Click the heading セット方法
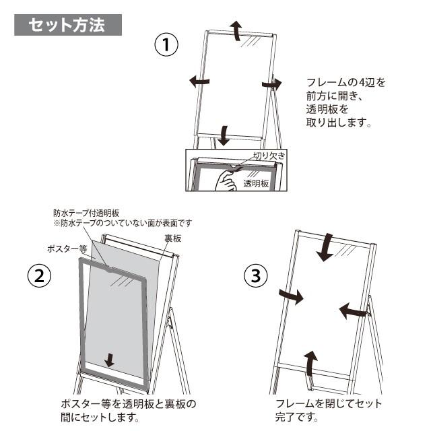tap(67, 25)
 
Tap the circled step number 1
tap(166, 46)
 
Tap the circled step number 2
tap(39, 275)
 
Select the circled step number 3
tap(255, 275)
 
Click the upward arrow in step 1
tap(236, 31)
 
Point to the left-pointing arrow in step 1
tap(199, 81)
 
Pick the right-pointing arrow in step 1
tap(271, 83)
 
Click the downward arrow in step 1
tap(223, 134)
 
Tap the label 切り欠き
tap(269, 156)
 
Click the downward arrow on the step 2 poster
tap(110, 360)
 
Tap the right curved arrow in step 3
tap(352, 310)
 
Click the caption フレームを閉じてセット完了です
tap(328, 410)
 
